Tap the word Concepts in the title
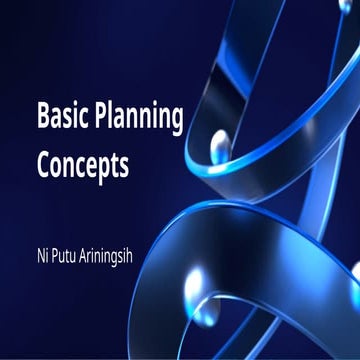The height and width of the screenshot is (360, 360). tap(83, 163)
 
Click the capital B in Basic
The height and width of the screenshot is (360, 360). tap(42, 117)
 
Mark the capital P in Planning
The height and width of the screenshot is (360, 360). tap(100, 117)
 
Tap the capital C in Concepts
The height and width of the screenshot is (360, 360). tap(43, 163)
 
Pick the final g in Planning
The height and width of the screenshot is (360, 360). tap(176, 121)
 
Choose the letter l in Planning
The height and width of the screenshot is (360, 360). tap(112, 115)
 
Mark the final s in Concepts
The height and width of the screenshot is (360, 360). tap(125, 165)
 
